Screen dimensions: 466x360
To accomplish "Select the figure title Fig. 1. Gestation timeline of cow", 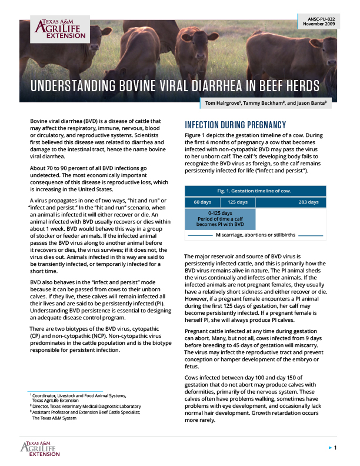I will [255, 191].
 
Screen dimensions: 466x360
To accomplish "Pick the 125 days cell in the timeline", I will [238, 202].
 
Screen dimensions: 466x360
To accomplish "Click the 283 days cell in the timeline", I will [308, 202].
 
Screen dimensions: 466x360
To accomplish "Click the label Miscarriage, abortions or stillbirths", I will [255, 235].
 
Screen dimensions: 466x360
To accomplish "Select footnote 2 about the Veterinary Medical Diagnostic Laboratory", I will [86, 406].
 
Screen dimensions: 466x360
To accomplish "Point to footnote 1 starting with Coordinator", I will [79, 397].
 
